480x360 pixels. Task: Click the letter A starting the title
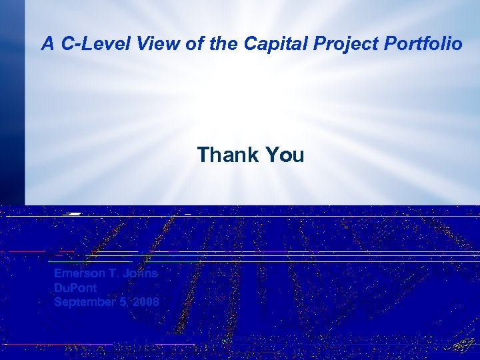(47, 45)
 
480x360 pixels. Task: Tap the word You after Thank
(285, 155)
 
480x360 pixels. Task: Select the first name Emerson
(79, 274)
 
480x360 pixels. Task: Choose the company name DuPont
(75, 288)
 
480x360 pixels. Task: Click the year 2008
(145, 302)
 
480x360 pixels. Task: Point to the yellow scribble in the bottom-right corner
(463, 345)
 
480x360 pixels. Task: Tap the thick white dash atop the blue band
(73, 214)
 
